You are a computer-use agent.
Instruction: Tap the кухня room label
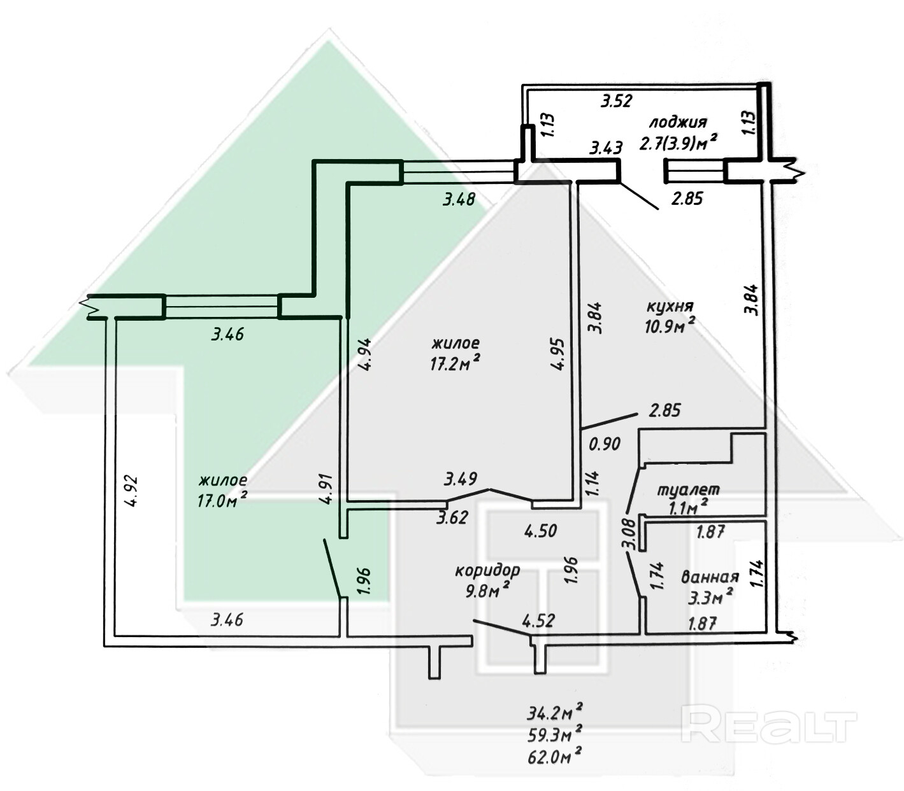(670, 307)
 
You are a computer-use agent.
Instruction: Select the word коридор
(487, 570)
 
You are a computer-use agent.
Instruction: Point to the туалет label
(688, 490)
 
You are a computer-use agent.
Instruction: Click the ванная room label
(710, 577)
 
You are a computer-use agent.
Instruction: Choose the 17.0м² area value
(222, 500)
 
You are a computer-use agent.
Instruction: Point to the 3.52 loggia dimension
(621, 100)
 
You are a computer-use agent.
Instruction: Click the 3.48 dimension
(459, 200)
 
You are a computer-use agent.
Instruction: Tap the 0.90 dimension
(604, 444)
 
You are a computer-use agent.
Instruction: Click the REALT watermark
(770, 725)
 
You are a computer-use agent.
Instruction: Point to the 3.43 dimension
(606, 149)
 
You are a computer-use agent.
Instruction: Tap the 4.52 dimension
(539, 619)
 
